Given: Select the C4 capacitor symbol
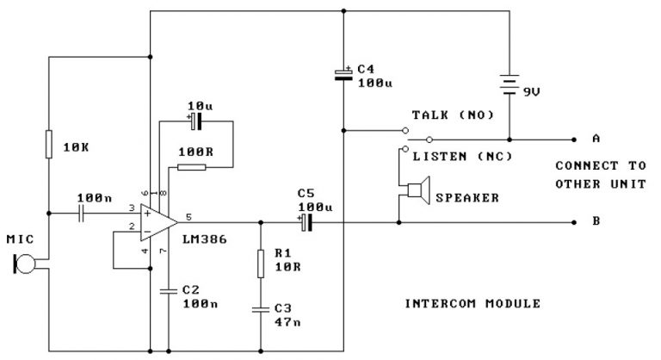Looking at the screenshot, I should (343, 75).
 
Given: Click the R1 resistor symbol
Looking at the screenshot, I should (260, 263).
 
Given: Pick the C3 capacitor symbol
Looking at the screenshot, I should (260, 307).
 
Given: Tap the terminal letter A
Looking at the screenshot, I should (596, 138).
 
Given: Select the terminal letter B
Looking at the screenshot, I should (596, 221).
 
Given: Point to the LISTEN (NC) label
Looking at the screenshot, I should (462, 156).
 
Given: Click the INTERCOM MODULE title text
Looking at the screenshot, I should (473, 303).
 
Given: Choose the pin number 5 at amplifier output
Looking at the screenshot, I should (188, 216).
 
